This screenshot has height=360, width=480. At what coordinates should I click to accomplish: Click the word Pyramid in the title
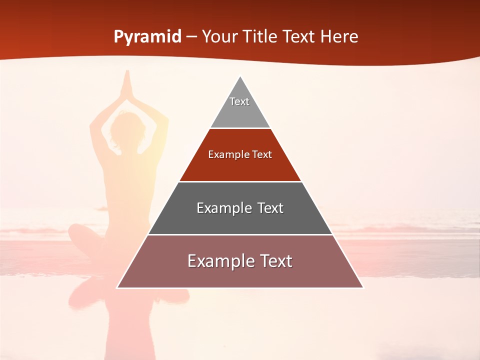coord(147,37)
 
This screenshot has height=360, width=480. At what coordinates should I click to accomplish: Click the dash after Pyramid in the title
coord(191,37)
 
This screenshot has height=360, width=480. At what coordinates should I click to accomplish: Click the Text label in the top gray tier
coord(239,101)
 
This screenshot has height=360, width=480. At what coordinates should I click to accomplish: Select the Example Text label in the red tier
coord(240,154)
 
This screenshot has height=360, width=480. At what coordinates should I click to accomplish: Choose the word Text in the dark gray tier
coord(270,208)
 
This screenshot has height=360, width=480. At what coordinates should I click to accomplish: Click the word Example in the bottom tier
coord(219,261)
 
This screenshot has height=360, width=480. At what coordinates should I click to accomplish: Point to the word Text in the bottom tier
coord(276,261)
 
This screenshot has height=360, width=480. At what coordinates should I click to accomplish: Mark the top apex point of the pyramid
coord(240,76)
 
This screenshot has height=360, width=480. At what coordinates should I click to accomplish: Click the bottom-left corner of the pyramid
coord(117,287)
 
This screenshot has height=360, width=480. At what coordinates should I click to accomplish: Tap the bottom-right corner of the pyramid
coord(363,287)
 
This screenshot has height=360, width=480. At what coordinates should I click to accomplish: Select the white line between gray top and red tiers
coord(240,128)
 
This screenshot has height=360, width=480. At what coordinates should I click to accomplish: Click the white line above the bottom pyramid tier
coord(240,234)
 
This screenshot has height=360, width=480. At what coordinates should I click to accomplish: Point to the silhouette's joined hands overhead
coord(126,82)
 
